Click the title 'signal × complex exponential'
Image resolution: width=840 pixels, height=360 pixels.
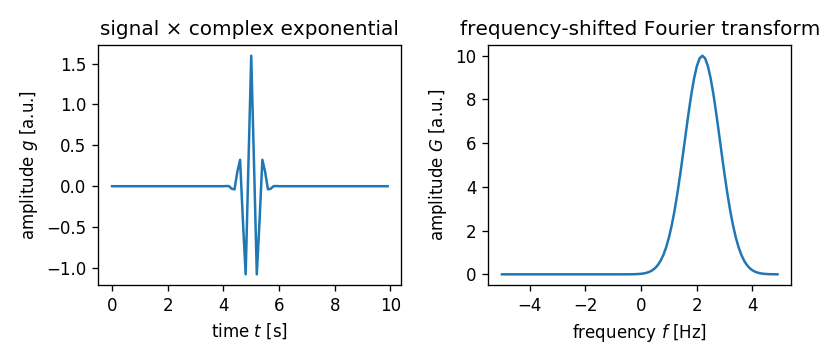249,29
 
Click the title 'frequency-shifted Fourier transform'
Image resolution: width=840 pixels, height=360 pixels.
639,29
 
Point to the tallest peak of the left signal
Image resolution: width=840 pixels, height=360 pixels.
250,56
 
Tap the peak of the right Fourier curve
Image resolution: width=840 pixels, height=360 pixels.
703,56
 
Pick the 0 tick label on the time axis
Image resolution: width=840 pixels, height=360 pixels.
112,305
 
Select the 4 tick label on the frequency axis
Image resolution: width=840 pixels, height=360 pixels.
752,305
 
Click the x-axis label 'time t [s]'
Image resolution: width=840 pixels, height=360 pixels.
249,331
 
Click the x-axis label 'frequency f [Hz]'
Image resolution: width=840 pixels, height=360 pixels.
639,331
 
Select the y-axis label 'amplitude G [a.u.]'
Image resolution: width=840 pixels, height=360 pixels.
437,165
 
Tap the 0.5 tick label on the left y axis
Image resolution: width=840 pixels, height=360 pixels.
73,146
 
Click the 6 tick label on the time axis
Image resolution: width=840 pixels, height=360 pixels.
279,305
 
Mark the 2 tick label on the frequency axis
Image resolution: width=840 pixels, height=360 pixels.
696,305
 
